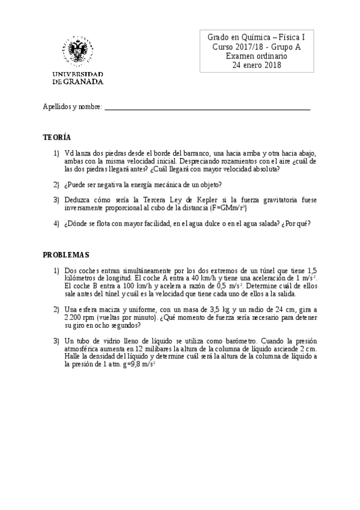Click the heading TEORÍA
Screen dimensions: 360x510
point(56,138)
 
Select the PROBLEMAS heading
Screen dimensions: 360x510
point(66,255)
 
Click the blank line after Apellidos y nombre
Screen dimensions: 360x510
point(207,108)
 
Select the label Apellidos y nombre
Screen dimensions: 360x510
point(72,107)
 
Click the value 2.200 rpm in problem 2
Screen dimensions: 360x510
point(82,318)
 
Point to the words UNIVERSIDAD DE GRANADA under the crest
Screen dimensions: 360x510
point(78,78)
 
